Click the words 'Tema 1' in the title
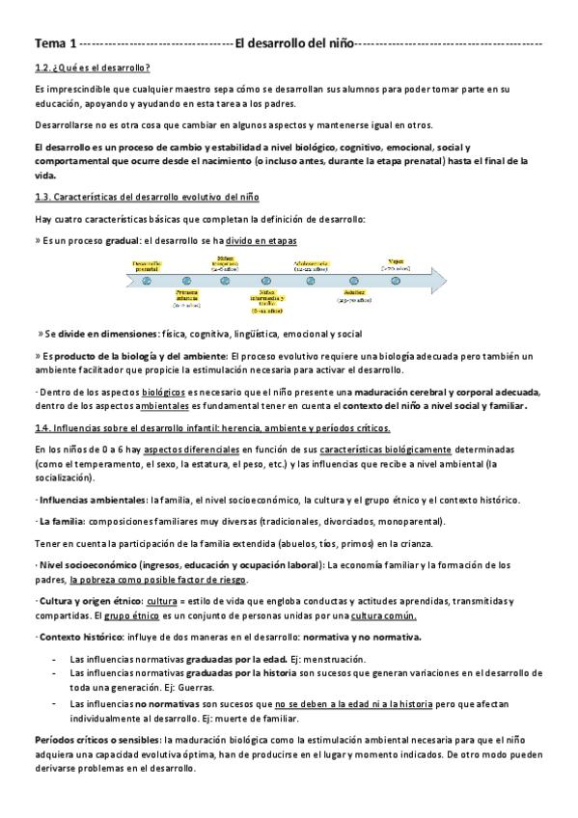click(54, 44)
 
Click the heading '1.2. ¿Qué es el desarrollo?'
click(92, 67)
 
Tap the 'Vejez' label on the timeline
click(396, 260)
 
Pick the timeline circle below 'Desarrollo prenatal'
click(147, 280)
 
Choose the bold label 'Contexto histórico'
click(75, 638)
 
